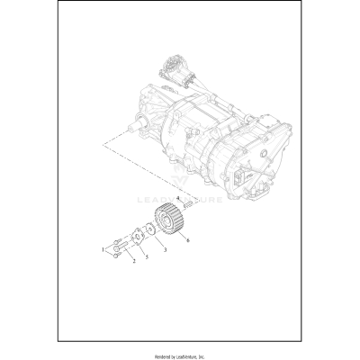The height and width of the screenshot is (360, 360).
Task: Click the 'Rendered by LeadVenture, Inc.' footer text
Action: coord(180,352)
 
